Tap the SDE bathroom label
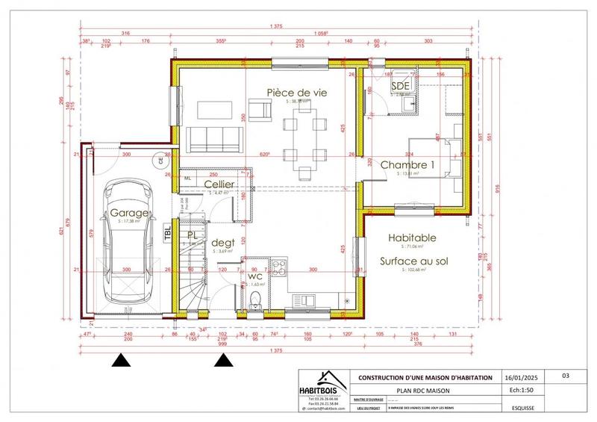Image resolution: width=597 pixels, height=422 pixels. tap(400, 87)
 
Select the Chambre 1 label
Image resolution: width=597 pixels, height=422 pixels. tap(407, 164)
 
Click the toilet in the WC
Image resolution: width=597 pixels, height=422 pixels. tap(256, 300)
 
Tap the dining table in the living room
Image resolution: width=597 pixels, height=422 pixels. tap(304, 138)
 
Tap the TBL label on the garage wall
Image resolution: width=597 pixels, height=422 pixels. tap(168, 233)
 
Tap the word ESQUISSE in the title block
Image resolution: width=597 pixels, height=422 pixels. tap(522, 410)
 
